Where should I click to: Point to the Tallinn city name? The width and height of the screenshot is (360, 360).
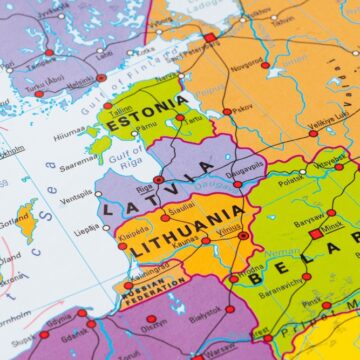point(121,111)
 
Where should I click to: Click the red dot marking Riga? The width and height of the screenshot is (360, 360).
point(158,180)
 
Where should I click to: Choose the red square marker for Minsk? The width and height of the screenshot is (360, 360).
point(316,233)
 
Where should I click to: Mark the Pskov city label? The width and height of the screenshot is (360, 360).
point(242,111)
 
